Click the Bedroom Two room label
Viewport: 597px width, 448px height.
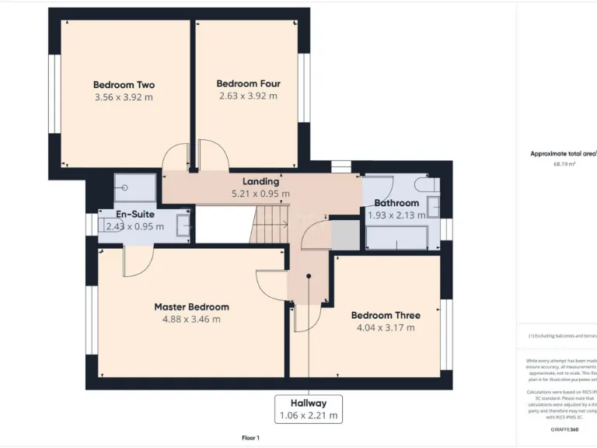(x=124, y=85)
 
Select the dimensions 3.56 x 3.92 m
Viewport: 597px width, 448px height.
(x=124, y=97)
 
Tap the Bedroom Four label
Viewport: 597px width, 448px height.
(x=248, y=83)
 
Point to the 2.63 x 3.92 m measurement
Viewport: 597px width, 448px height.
(x=248, y=96)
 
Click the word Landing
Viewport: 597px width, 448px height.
(x=260, y=181)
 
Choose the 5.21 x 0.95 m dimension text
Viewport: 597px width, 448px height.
(x=260, y=194)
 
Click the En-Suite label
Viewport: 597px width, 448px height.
(x=135, y=214)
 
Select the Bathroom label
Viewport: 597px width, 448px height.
(x=396, y=203)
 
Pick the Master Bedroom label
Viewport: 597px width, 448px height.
(x=191, y=306)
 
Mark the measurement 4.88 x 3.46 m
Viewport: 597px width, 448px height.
(x=191, y=319)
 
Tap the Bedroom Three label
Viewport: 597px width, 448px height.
(x=386, y=315)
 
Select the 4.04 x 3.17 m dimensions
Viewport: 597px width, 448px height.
(x=386, y=327)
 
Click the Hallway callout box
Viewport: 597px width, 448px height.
(x=309, y=409)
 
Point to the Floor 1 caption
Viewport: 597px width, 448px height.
(x=250, y=438)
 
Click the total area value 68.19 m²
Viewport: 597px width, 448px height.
(x=564, y=164)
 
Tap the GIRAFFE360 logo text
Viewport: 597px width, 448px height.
(x=564, y=429)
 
